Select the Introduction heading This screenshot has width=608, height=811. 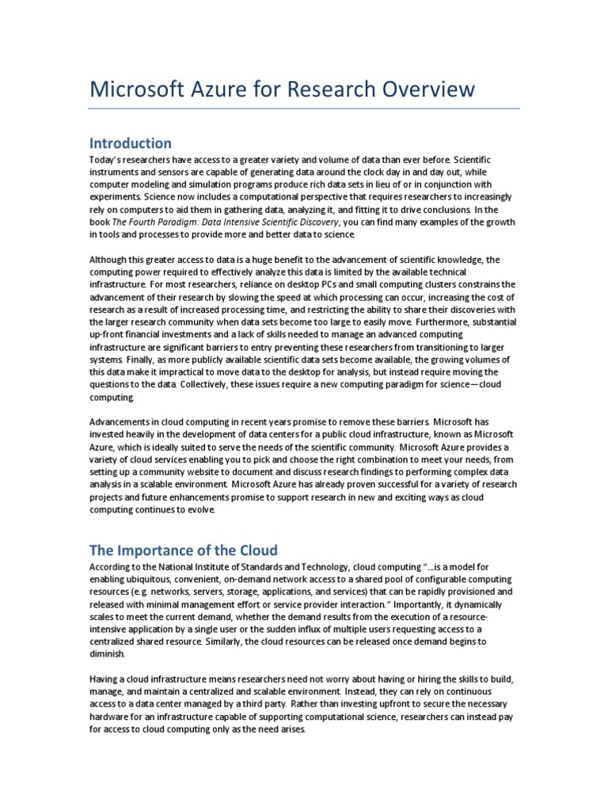point(130,143)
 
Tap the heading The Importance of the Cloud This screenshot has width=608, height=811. point(184,550)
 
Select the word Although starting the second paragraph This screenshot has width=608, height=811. point(107,260)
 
